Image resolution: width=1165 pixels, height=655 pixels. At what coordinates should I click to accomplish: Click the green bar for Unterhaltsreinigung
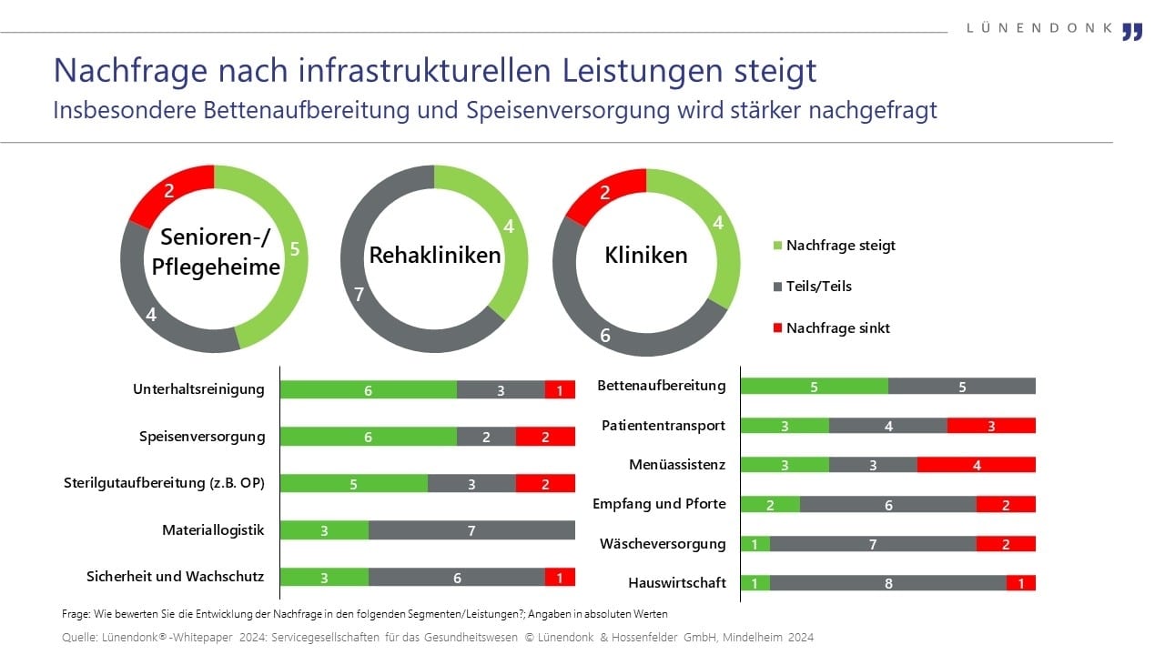click(x=368, y=389)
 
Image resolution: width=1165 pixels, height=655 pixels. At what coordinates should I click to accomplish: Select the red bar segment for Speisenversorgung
click(x=545, y=437)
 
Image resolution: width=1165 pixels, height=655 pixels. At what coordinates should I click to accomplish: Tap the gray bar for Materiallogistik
click(x=471, y=530)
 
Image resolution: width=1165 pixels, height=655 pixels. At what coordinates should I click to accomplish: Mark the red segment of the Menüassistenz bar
click(x=976, y=465)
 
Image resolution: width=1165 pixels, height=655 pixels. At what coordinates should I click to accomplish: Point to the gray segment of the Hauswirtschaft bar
click(x=887, y=583)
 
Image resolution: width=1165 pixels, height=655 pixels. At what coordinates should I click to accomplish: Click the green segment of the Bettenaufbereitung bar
click(x=814, y=386)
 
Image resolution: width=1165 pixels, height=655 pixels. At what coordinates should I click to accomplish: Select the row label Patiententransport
click(x=663, y=425)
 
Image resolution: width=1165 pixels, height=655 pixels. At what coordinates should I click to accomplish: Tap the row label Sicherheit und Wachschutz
click(x=175, y=576)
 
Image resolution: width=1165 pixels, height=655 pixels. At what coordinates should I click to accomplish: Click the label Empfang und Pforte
click(x=659, y=503)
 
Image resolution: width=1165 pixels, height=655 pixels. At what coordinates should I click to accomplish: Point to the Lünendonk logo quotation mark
click(x=1131, y=31)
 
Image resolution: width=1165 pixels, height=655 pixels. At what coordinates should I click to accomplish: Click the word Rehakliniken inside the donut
click(x=434, y=256)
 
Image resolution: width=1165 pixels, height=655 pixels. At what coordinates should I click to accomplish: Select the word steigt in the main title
click(x=775, y=70)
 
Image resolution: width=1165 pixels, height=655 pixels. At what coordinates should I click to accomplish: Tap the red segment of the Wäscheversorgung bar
click(x=1006, y=544)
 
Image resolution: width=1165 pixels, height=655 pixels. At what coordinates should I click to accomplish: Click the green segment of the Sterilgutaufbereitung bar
click(x=353, y=484)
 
